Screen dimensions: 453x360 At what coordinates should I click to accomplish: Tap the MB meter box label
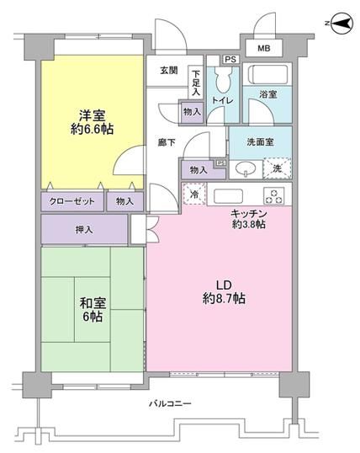(263, 49)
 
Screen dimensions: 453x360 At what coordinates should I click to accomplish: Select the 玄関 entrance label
(169, 71)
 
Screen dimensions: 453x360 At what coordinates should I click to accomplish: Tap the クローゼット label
(71, 202)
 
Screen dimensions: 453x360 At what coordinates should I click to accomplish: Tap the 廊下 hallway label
(164, 143)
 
